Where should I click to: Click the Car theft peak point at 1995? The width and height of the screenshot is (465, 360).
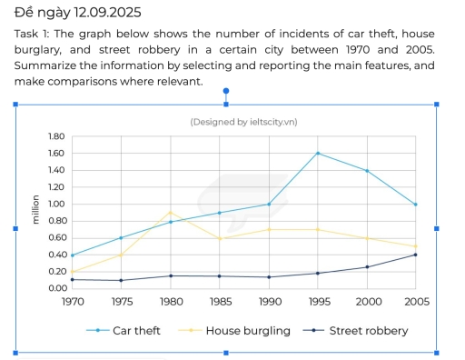click(317, 153)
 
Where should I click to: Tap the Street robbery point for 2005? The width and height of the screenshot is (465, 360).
click(415, 255)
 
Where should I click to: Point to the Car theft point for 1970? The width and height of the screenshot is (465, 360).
click(72, 255)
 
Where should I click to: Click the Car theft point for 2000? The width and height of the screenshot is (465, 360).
click(366, 170)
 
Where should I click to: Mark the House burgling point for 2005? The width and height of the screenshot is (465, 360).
click(415, 245)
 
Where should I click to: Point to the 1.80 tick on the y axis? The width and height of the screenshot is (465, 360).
click(55, 136)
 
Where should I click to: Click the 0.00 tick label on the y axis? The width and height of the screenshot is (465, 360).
click(55, 288)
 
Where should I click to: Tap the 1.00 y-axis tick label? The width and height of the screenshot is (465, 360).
click(55, 204)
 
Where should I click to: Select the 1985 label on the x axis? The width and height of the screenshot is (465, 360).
click(219, 301)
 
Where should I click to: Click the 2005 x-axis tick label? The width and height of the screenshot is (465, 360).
click(415, 301)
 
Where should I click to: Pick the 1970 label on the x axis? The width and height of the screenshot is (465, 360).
click(72, 301)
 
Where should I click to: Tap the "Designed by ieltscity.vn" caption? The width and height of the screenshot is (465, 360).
click(242, 121)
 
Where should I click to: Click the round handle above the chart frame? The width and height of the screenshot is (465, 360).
click(225, 91)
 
